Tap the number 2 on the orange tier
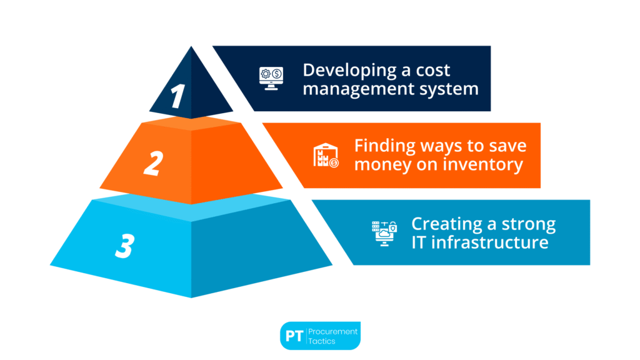click(154, 163)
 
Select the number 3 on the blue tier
click(125, 246)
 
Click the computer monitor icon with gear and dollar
click(271, 78)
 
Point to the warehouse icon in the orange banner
click(326, 156)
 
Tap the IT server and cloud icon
click(384, 233)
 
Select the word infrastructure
click(490, 242)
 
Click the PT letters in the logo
click(294, 336)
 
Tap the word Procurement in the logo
click(332, 331)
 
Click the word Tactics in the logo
click(322, 341)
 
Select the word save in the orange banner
click(507, 146)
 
